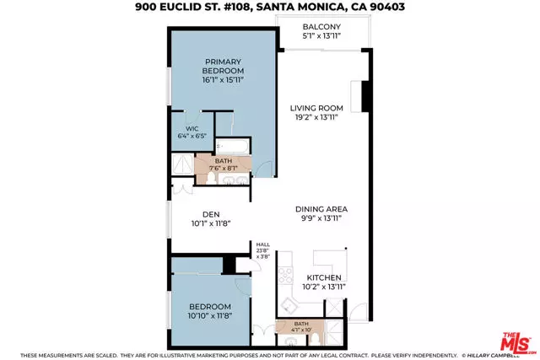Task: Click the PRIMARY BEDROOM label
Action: point(222,67)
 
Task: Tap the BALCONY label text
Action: point(322,26)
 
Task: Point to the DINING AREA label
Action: point(321,209)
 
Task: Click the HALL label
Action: point(263,245)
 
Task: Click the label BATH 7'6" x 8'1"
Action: point(224,164)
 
